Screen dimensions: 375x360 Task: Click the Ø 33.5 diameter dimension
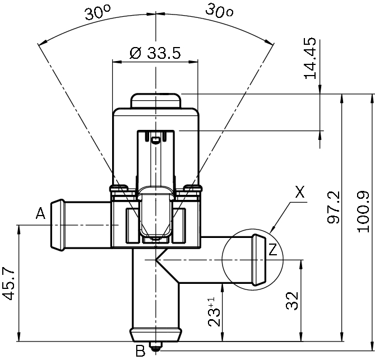tap(155, 53)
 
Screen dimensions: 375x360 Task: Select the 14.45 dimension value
tap(310, 58)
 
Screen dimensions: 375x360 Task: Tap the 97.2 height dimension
tap(334, 207)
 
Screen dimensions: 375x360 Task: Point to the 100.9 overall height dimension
tap(364, 212)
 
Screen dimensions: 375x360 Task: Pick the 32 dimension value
tap(292, 301)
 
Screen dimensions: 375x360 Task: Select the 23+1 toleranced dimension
tap(214, 312)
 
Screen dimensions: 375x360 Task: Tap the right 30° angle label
tap(219, 11)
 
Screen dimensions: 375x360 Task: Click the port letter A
tap(40, 213)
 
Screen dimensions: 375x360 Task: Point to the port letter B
tap(140, 351)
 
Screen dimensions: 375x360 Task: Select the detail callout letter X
tap(300, 192)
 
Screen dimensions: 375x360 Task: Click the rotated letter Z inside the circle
tap(273, 249)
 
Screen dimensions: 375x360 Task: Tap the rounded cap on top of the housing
tap(156, 101)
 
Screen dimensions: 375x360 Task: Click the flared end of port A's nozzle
tap(58, 225)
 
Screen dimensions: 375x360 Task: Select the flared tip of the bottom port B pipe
tap(156, 335)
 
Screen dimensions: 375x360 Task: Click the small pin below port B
tap(156, 347)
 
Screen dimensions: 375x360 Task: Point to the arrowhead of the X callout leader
tap(272, 230)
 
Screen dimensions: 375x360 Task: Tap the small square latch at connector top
tap(156, 139)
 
